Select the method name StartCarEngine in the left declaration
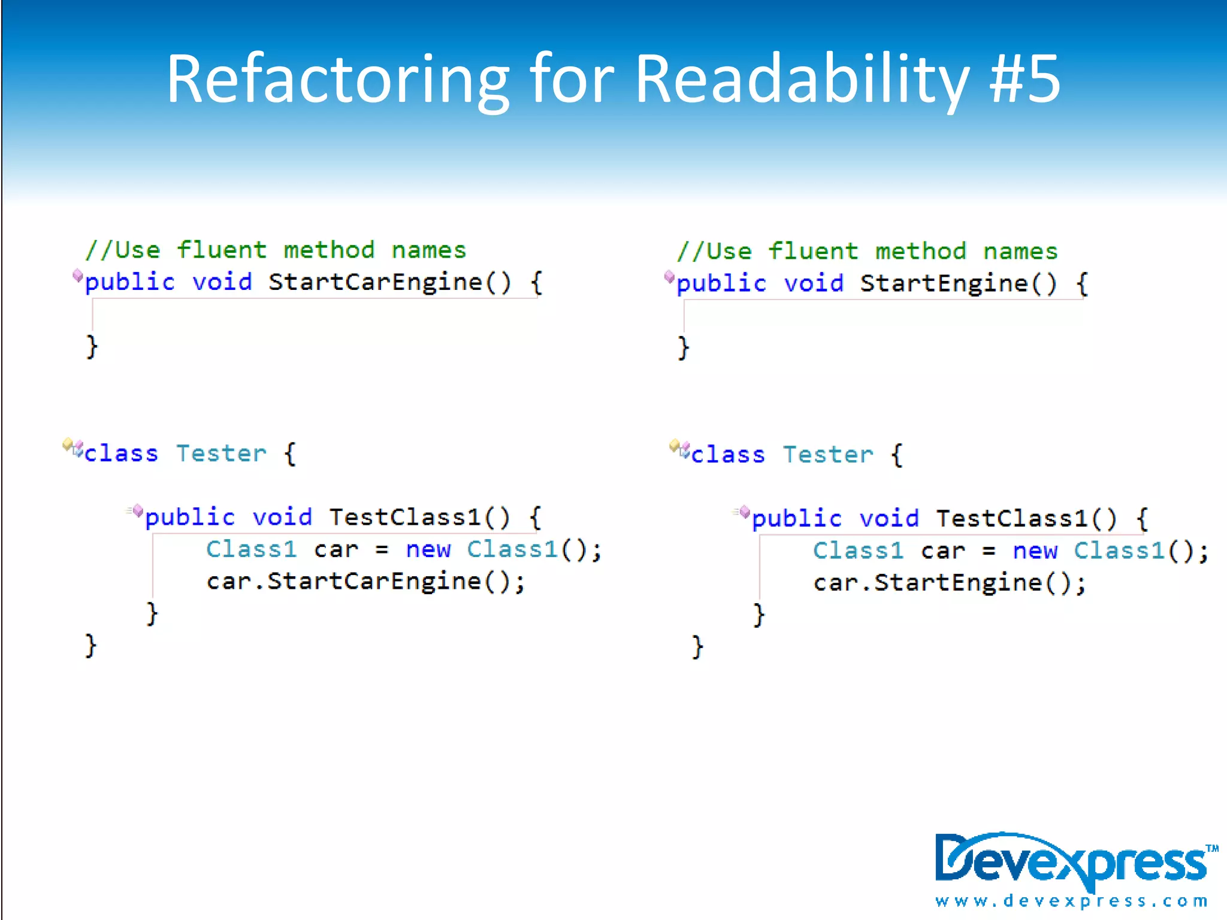[x=375, y=282]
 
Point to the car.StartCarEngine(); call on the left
[x=365, y=582]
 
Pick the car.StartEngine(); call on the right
[x=949, y=583]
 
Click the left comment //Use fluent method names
[x=276, y=250]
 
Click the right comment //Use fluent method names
[x=868, y=251]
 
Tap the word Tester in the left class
[x=221, y=453]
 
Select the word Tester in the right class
[x=828, y=455]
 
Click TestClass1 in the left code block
[x=405, y=517]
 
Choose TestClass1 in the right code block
[x=1012, y=518]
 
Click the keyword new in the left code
[x=428, y=549]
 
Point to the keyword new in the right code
[x=1035, y=550]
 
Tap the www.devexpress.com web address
[x=1071, y=901]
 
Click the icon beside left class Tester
[x=72, y=447]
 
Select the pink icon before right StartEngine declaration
[x=669, y=277]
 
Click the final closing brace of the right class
[x=697, y=647]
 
